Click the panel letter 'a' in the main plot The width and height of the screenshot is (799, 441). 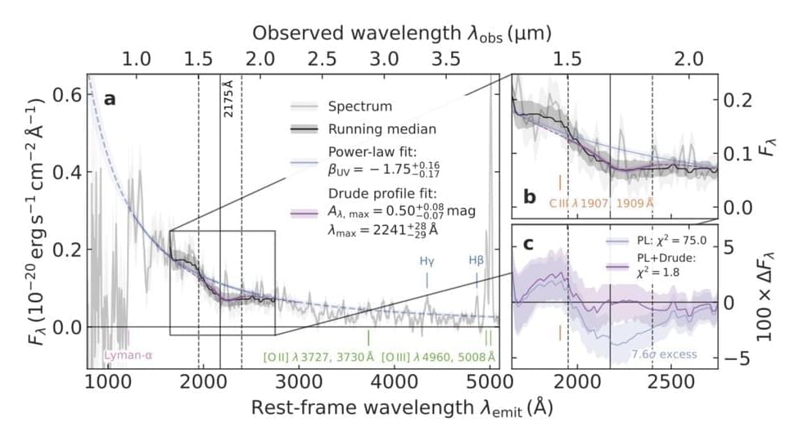[x=109, y=99]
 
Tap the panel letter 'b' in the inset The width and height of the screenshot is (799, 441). [x=530, y=196]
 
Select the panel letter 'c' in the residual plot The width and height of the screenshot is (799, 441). [x=529, y=243]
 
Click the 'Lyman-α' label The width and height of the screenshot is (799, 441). [x=129, y=356]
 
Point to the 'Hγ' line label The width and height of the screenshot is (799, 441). [x=427, y=262]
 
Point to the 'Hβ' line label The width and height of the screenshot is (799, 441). [x=476, y=262]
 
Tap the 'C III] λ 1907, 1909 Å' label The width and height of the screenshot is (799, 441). [x=602, y=201]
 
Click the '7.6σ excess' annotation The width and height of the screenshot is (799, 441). [x=664, y=354]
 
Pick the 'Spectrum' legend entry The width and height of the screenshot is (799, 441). [x=360, y=106]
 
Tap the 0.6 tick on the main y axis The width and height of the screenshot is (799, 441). [x=65, y=94]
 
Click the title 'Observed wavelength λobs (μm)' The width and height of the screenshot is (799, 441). [x=401, y=34]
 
